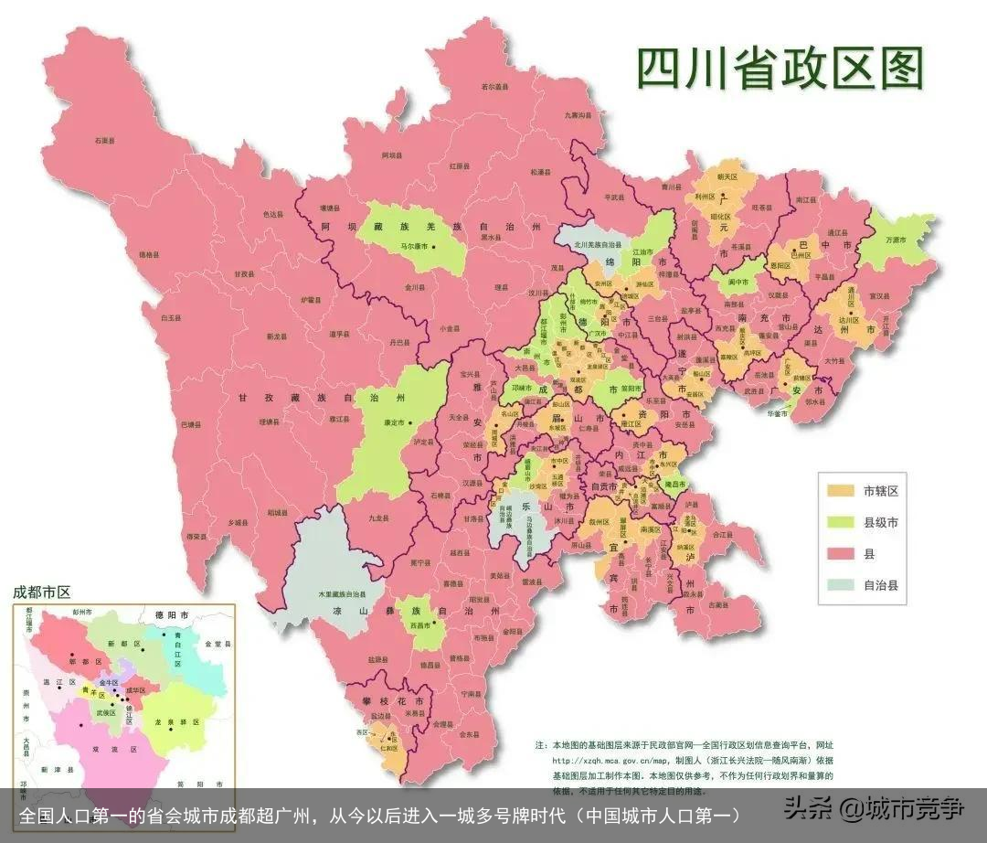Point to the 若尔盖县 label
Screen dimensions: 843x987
[x=494, y=87]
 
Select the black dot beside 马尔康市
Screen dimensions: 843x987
[x=435, y=247]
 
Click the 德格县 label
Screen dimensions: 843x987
[x=148, y=255]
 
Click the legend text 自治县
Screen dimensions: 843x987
[x=880, y=586]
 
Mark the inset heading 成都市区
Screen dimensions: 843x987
[x=41, y=592]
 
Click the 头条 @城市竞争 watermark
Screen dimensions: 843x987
[x=874, y=808]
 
